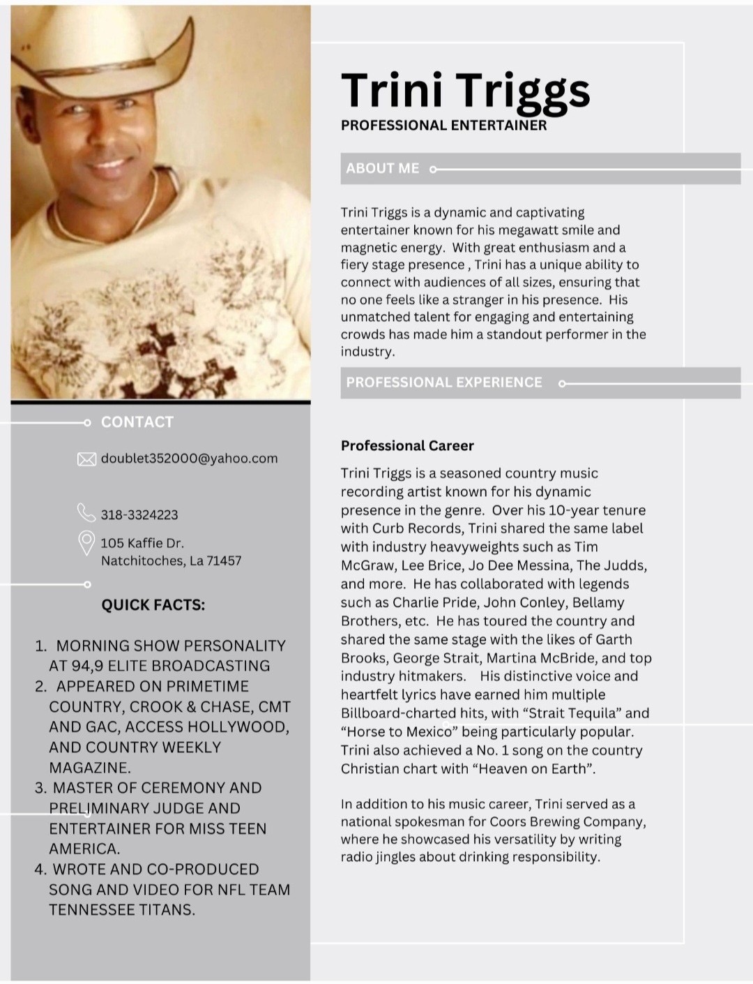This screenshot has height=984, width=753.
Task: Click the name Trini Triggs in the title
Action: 465,91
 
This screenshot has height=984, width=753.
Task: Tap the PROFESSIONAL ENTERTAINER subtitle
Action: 443,126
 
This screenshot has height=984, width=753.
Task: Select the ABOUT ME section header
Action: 383,168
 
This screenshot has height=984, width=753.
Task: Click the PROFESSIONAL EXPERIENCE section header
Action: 443,382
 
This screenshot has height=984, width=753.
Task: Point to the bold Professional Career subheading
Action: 407,445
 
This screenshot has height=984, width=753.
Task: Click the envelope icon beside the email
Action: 86,459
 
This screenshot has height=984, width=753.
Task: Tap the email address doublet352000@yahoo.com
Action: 189,459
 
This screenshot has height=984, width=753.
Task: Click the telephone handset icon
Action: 86,513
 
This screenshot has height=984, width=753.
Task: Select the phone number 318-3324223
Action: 139,515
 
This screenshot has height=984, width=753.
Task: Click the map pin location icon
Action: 86,543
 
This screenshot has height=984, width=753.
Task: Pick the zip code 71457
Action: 224,560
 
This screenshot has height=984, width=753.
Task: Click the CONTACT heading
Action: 137,422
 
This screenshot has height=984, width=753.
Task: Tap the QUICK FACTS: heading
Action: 153,605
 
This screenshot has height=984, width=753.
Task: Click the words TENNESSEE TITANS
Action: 121,910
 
